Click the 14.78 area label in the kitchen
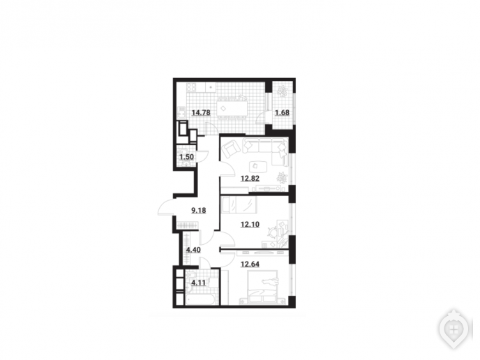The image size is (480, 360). (201, 112)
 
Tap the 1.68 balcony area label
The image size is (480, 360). (282, 112)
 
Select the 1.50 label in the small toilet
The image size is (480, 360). (186, 157)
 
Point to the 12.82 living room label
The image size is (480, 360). (250, 178)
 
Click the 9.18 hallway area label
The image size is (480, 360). (198, 210)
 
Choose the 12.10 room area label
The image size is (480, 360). (250, 225)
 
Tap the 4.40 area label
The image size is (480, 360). (193, 250)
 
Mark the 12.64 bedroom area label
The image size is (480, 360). (250, 264)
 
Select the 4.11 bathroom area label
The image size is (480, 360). (198, 283)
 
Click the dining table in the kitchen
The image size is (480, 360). (232, 108)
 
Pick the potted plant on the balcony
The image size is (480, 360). (282, 91)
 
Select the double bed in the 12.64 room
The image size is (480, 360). (262, 287)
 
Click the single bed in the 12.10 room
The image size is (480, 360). (239, 204)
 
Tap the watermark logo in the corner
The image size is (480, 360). (454, 330)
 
